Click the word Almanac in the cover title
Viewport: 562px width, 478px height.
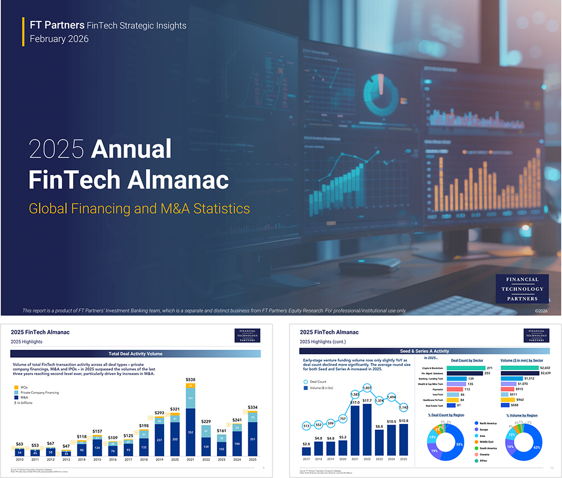tap(176, 180)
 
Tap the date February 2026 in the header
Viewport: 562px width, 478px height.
tap(59, 39)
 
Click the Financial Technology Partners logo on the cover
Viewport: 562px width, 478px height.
tap(522, 289)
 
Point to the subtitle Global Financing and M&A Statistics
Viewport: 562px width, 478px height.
tap(139, 209)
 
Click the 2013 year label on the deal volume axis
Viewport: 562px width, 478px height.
tap(66, 459)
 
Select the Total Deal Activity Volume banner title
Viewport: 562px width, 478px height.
tap(135, 354)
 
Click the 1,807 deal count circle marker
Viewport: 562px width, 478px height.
tap(368, 388)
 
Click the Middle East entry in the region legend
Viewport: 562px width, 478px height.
tap(487, 442)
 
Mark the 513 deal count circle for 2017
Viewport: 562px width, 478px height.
tap(306, 426)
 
